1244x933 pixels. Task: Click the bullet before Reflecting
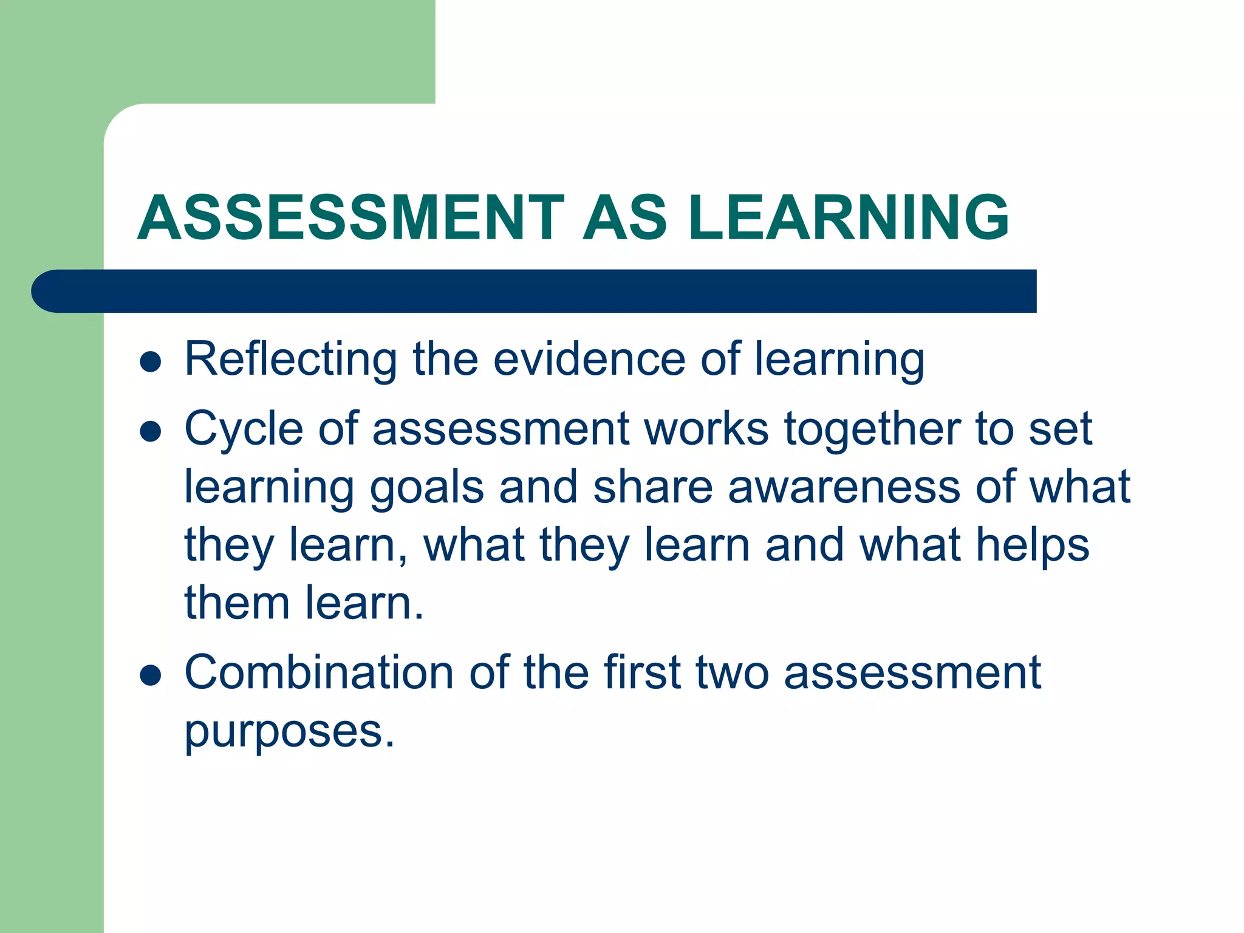pyautogui.click(x=150, y=362)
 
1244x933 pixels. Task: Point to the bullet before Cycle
pyautogui.click(x=150, y=432)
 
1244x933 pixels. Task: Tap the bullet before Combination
pyautogui.click(x=150, y=675)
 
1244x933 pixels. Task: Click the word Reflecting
pyautogui.click(x=290, y=360)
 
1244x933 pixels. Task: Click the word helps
pyautogui.click(x=1032, y=545)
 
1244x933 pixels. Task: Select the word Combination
pyautogui.click(x=319, y=673)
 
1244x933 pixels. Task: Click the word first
pyautogui.click(x=642, y=673)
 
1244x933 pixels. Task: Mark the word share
pyautogui.click(x=652, y=487)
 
